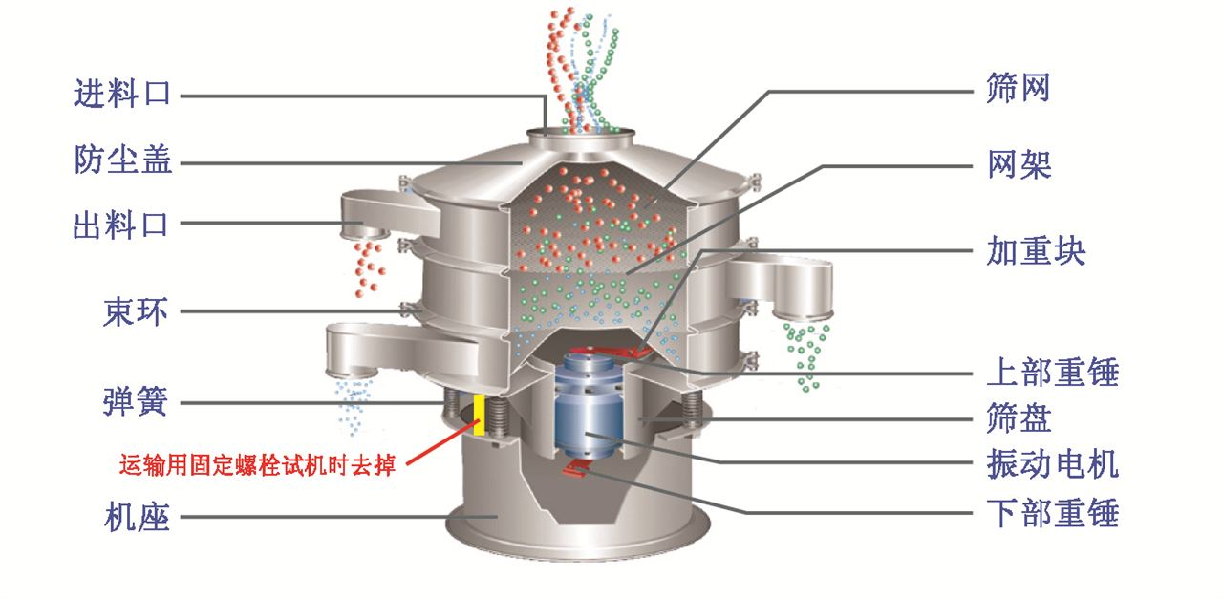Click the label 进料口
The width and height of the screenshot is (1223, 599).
point(122,95)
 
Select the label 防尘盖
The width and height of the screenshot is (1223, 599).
point(123,160)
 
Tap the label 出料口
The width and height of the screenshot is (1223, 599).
point(121,225)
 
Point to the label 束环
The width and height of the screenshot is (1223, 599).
point(136,311)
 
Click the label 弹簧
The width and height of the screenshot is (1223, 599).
point(136,402)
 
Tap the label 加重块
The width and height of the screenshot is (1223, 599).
point(1036,252)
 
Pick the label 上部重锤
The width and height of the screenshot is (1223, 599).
point(1052,372)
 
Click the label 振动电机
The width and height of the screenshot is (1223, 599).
point(1052,465)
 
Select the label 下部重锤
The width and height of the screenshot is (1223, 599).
point(1052,514)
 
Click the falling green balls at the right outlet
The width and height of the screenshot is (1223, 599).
point(805,353)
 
